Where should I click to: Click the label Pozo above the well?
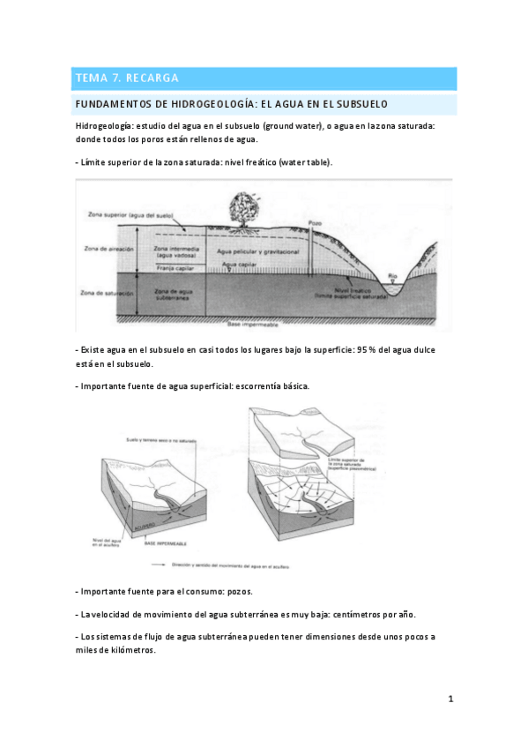316,222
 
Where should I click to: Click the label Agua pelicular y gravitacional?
258,252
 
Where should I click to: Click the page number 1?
450,699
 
